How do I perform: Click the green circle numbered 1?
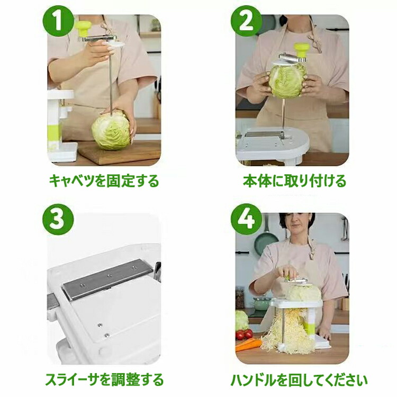(x=58, y=21)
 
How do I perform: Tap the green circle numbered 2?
(x=246, y=21)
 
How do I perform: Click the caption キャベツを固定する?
(x=104, y=181)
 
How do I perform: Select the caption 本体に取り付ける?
(x=295, y=181)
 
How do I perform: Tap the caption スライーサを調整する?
(x=104, y=380)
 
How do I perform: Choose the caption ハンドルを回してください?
(x=299, y=380)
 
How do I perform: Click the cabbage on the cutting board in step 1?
(x=111, y=132)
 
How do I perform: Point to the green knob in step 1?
(x=84, y=29)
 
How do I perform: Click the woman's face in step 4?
(x=296, y=227)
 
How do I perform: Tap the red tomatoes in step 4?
(x=243, y=335)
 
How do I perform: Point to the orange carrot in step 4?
(x=248, y=345)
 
